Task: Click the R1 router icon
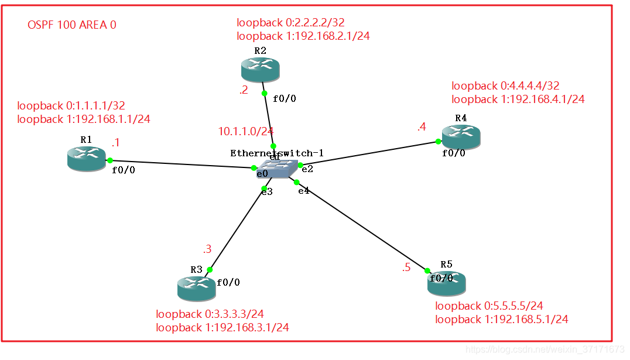(86, 159)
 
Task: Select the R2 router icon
(260, 70)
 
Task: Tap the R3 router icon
(196, 289)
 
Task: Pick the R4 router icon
(461, 136)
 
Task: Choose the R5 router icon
(446, 283)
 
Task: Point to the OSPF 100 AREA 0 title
(72, 25)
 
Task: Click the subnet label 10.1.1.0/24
(246, 132)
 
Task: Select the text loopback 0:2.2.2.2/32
(290, 23)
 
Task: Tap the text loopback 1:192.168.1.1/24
(84, 119)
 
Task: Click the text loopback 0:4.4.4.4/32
(505, 86)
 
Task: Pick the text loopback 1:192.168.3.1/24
(222, 328)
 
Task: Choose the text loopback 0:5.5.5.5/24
(489, 306)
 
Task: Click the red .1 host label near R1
(116, 143)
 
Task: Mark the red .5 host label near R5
(406, 268)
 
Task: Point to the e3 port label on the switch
(267, 191)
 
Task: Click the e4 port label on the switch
(303, 191)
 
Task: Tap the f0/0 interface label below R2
(285, 98)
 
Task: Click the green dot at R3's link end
(210, 270)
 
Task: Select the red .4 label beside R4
(422, 126)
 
